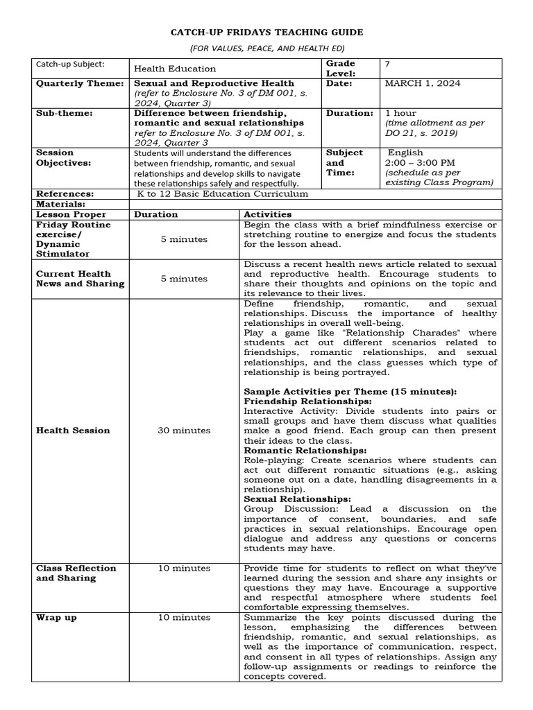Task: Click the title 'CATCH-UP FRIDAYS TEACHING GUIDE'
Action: (x=266, y=33)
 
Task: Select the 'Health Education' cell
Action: (x=175, y=69)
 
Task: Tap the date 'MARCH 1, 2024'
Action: (x=423, y=83)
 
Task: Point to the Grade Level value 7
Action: (x=387, y=64)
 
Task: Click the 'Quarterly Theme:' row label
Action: (x=71, y=83)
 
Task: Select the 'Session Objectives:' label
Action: (x=64, y=157)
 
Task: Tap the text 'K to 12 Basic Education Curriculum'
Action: (x=223, y=194)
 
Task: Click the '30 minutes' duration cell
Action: (x=184, y=431)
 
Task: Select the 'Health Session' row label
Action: (x=73, y=431)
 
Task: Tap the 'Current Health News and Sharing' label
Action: (x=80, y=279)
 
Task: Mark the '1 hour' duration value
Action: (x=400, y=112)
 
